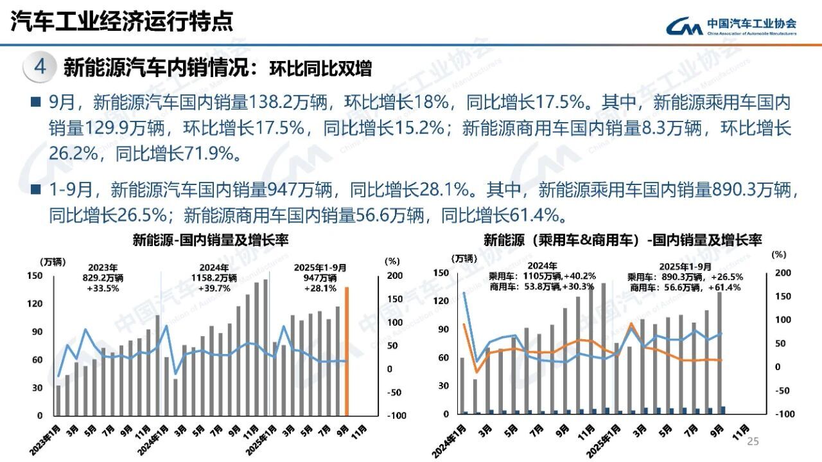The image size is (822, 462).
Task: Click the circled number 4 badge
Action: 39,67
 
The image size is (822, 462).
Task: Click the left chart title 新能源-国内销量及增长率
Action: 210,240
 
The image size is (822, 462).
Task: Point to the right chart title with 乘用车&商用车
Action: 622,240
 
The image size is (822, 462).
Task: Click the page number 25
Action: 753,441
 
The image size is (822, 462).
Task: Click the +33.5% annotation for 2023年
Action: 103,289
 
